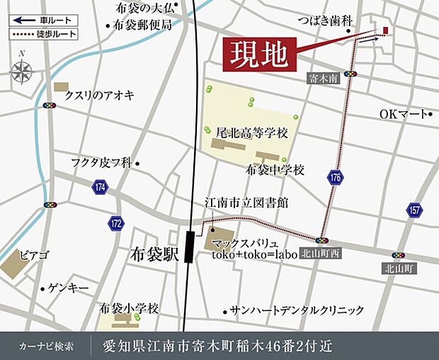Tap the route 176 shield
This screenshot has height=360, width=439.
335,177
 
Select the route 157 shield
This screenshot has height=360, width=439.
414,210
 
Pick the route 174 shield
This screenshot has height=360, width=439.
99,187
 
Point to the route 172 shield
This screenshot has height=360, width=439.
115,223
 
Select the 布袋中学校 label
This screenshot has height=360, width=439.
275,170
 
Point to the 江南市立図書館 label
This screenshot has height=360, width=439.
246,202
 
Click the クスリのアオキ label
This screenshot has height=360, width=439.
98,94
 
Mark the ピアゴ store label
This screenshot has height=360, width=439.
34,254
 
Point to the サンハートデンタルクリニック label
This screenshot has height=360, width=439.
296,310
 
